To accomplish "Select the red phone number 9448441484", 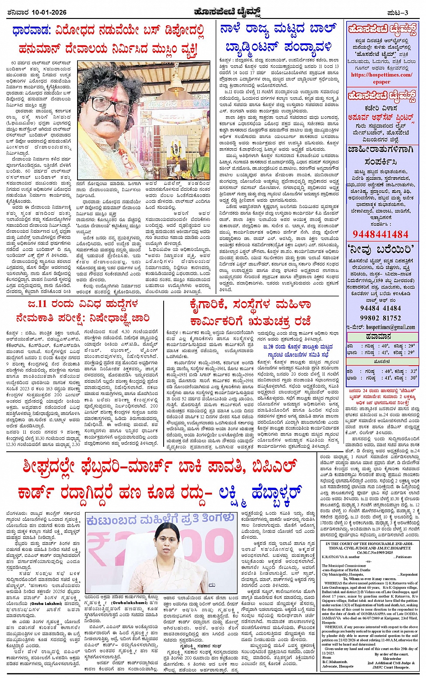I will point(380,234).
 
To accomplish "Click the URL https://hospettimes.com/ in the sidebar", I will point(381,75).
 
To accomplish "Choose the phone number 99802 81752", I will point(380,318).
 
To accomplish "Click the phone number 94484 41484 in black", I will point(380,308).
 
